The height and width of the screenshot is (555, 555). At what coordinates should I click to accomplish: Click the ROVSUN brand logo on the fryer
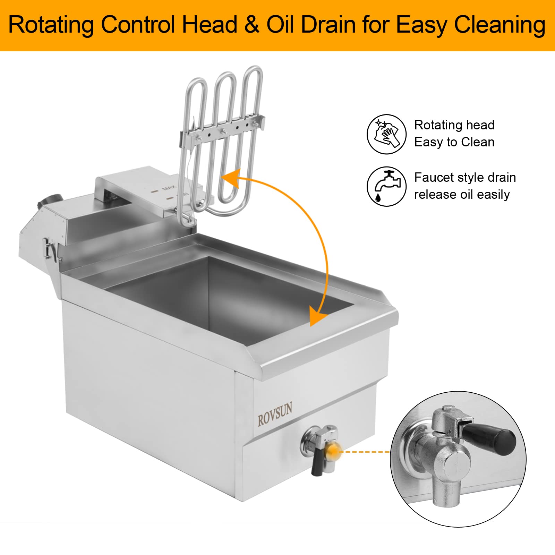[x=275, y=413]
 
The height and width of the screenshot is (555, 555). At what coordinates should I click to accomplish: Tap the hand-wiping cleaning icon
[x=386, y=134]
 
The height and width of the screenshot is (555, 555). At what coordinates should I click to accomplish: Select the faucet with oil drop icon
[x=386, y=186]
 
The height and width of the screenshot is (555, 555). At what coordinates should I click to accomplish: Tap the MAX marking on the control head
[x=169, y=188]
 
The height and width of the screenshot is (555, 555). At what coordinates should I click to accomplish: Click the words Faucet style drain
[x=465, y=178]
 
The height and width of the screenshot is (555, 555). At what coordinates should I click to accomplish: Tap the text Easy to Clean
[x=454, y=142]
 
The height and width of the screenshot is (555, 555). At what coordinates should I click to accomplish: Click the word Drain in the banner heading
[x=328, y=25]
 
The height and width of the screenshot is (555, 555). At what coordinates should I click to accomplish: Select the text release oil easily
[x=462, y=195]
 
